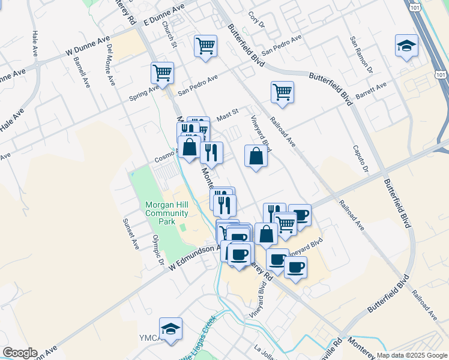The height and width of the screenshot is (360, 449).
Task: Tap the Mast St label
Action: coord(228,112)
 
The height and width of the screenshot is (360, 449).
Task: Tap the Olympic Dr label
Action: coord(157,249)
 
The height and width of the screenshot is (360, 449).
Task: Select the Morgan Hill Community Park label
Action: coord(167,213)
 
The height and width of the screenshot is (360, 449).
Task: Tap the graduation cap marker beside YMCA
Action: coord(170,329)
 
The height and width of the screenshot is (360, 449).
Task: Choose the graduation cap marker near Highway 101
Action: coord(406,46)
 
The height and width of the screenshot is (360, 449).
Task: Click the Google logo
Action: coord(19,353)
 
